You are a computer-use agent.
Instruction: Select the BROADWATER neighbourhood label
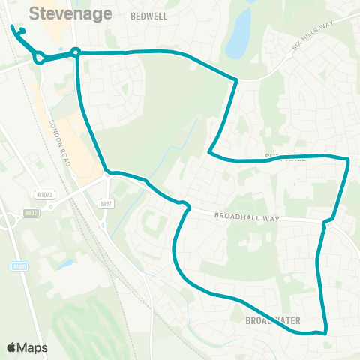click(x=273, y=320)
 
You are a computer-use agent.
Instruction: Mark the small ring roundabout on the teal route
click(x=76, y=52)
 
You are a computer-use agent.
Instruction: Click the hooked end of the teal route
click(x=20, y=31)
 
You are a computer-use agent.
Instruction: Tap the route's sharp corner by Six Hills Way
click(x=237, y=80)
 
